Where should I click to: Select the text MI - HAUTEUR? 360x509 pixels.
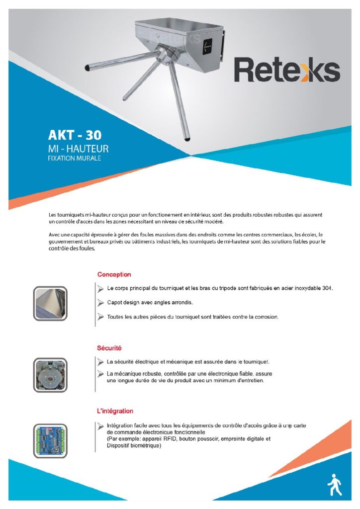pos(78,149)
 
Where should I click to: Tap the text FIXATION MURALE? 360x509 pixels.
pos(74,159)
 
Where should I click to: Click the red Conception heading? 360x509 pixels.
pos(114,274)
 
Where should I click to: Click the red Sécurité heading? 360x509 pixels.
pos(109,348)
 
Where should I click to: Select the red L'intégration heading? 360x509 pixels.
pos(115,412)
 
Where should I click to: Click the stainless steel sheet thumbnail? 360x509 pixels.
pos(50,303)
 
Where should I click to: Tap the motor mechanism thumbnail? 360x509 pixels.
pos(50,375)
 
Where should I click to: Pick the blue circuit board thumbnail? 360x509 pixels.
pos(50,440)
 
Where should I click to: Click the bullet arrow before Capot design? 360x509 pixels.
pos(100,302)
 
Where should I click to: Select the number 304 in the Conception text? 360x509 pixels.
pos(326,288)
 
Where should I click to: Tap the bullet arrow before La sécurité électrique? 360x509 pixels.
pos(100,361)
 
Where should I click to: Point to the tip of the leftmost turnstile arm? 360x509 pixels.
pos(88,67)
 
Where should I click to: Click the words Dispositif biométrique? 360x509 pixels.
pos(133,446)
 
